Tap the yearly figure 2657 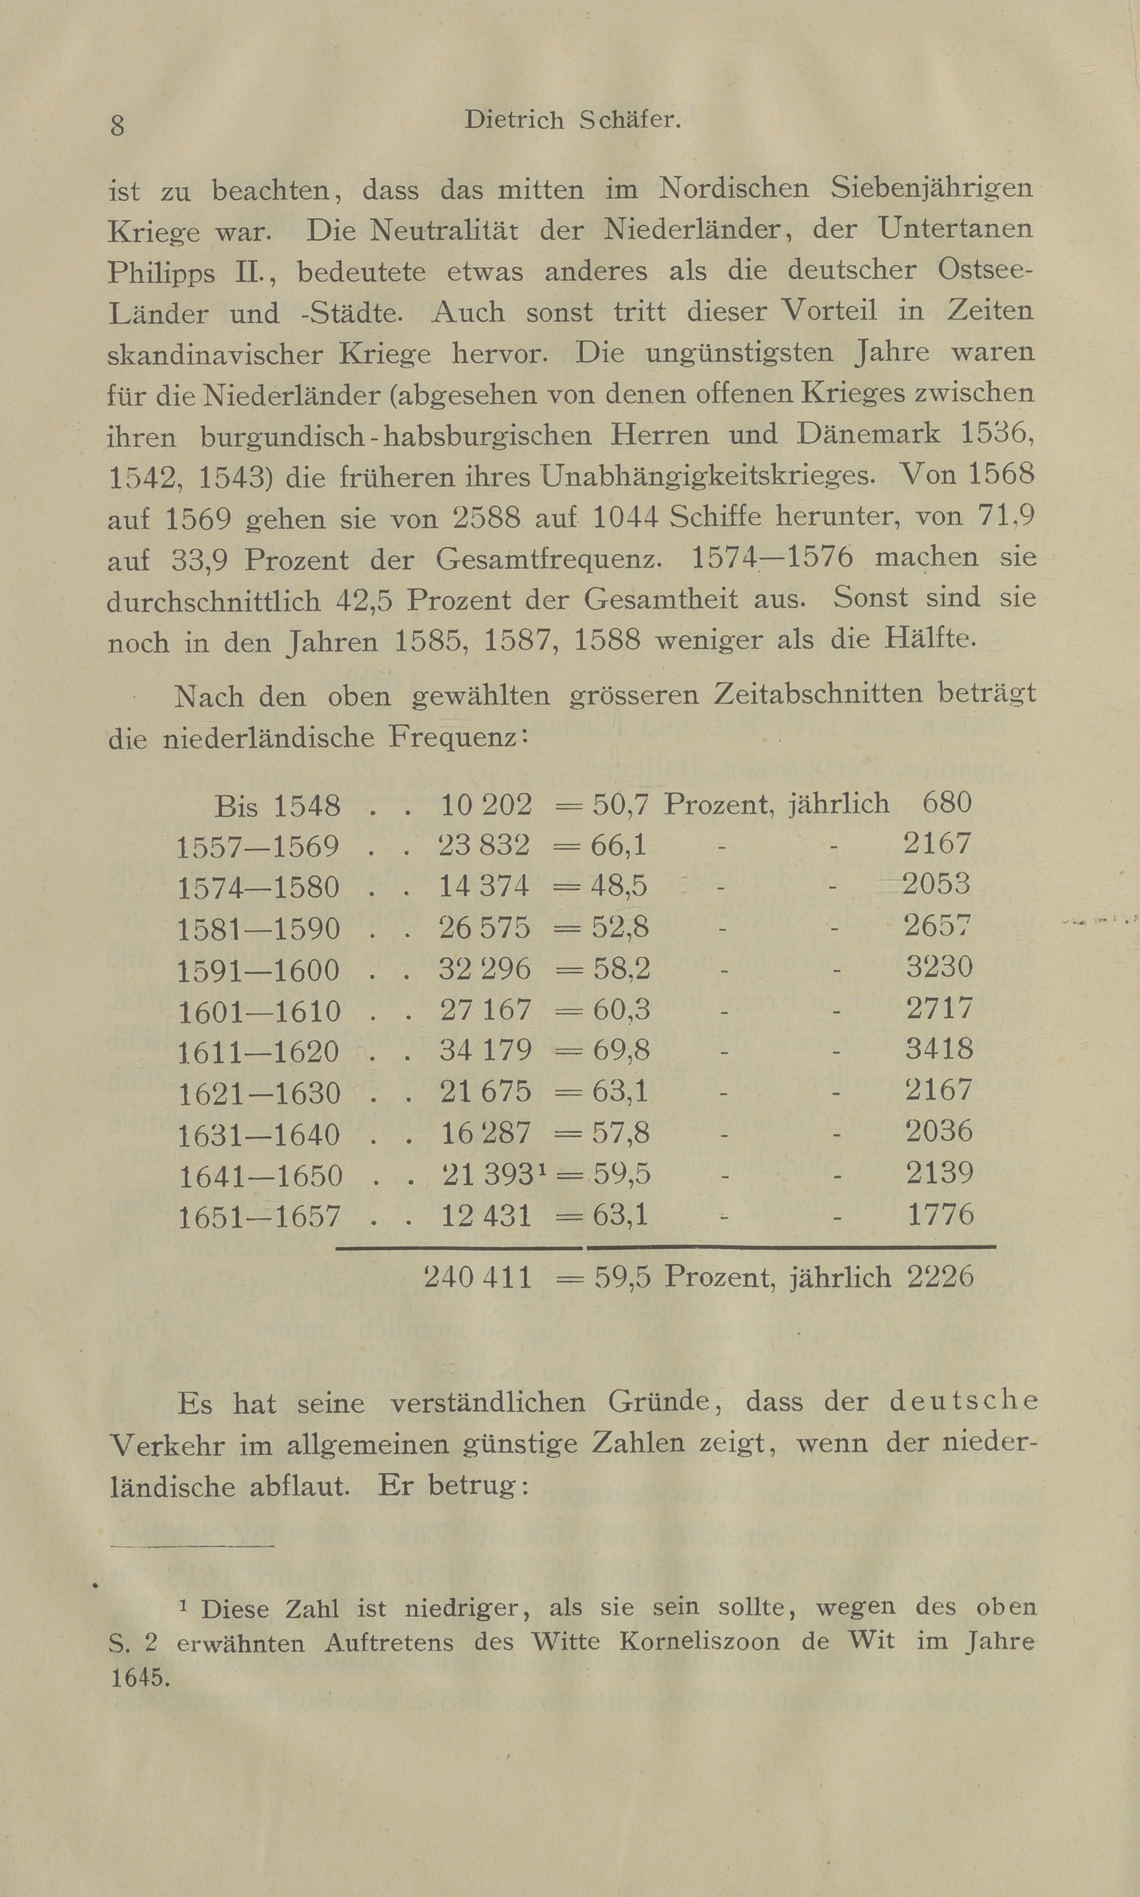pyautogui.click(x=938, y=926)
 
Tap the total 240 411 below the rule pyautogui.click(x=477, y=1277)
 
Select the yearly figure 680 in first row pyautogui.click(x=946, y=803)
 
